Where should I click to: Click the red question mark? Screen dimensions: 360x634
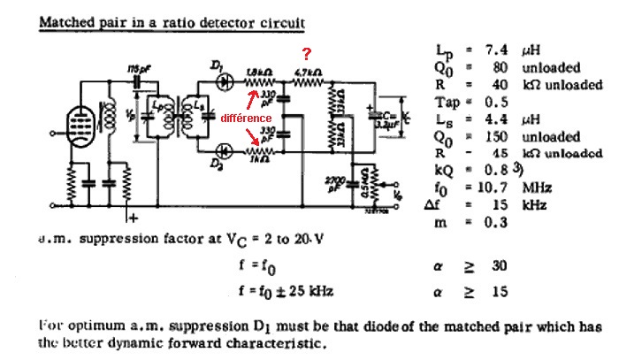(307, 54)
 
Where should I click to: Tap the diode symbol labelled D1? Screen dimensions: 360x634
(224, 80)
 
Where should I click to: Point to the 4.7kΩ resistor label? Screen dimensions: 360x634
(306, 70)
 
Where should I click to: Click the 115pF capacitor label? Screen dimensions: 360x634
(134, 68)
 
